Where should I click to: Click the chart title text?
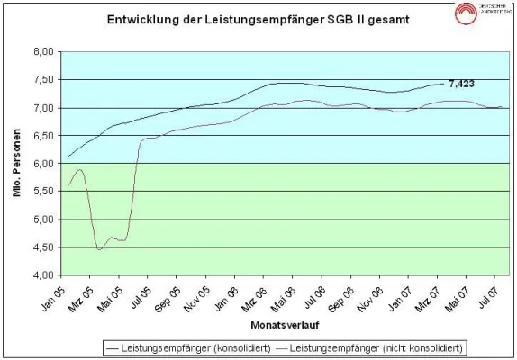click(x=252, y=19)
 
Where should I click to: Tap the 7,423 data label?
click(x=461, y=84)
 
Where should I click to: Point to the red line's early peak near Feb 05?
click(x=80, y=169)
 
